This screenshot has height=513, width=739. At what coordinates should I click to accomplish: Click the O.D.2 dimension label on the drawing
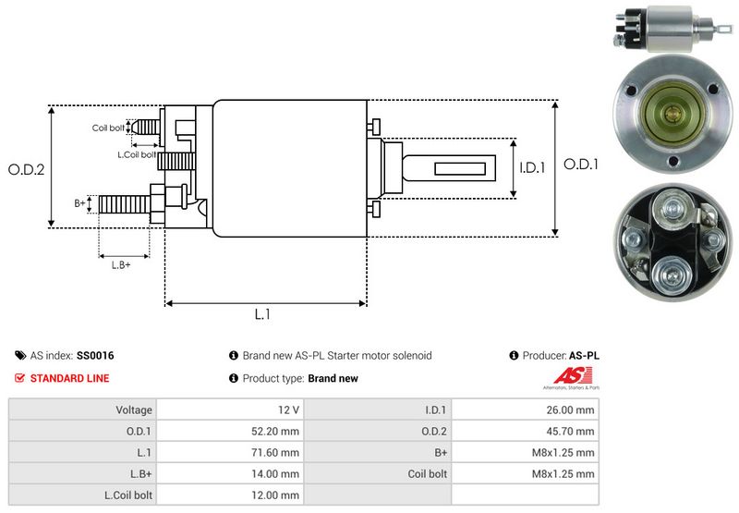(27, 169)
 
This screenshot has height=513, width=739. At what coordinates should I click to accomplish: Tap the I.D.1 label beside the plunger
(533, 168)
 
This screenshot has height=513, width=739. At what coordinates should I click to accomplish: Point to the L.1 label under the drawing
(262, 314)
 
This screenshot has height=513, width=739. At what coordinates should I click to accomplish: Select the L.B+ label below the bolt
(121, 265)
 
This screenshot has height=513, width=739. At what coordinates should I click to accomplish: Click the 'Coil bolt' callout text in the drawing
(108, 128)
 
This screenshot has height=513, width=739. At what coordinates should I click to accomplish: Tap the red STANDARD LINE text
(69, 378)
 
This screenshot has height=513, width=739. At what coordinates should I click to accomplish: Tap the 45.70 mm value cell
(572, 431)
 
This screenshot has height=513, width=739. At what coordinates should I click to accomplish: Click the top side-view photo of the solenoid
(660, 28)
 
